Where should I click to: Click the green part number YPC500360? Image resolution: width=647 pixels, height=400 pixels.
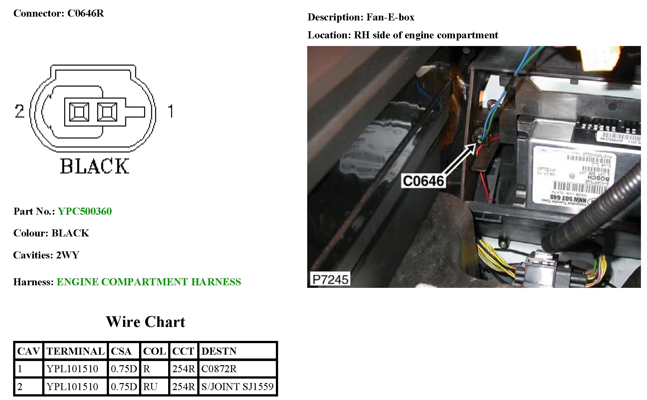(x=85, y=211)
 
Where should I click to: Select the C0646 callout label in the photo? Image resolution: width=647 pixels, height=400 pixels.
(x=423, y=181)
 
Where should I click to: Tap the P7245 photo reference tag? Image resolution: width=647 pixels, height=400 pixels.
(x=330, y=279)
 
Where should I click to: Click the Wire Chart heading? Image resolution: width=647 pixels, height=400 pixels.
(x=145, y=322)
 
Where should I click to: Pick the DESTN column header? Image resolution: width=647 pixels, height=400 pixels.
(x=219, y=351)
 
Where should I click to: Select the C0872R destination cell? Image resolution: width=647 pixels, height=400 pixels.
(x=219, y=369)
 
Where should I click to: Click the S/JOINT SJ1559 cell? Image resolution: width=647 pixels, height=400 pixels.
(x=237, y=387)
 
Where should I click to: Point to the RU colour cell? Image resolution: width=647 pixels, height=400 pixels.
(x=150, y=387)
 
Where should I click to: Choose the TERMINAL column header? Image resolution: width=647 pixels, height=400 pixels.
(x=75, y=351)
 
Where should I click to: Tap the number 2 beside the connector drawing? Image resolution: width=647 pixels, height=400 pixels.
(x=19, y=111)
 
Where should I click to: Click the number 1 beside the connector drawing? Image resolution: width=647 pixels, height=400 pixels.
(x=170, y=111)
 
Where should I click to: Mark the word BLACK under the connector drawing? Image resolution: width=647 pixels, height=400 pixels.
(x=95, y=166)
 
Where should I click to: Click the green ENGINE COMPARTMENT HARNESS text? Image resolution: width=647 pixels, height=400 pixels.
(x=149, y=282)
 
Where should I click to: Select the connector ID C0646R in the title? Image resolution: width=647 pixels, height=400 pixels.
(x=85, y=13)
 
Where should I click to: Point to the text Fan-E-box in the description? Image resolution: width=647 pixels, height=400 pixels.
(x=390, y=17)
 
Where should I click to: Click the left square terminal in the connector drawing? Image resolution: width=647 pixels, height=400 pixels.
(x=79, y=112)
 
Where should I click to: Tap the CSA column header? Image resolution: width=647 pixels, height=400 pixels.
(x=121, y=351)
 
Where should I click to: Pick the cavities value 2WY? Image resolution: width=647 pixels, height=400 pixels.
(x=68, y=255)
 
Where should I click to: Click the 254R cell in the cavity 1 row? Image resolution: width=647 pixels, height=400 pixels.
(x=183, y=369)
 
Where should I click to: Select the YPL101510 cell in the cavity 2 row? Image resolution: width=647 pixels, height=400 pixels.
(x=73, y=387)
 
